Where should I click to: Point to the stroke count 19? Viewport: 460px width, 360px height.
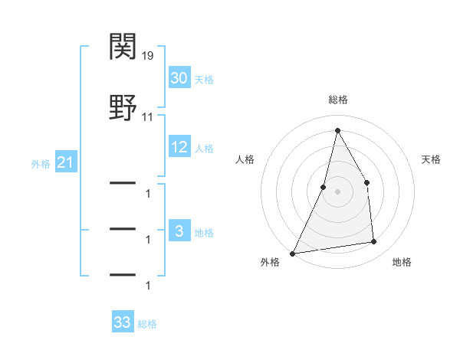149,56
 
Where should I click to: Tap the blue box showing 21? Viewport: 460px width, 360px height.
65,162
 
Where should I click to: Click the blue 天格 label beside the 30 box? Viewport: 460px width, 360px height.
204,80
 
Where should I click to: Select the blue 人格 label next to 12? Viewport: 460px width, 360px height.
204,149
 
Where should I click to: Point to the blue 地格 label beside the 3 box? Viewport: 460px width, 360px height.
204,232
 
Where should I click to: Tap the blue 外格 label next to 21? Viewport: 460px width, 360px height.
41,163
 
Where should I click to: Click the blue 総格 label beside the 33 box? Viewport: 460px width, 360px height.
147,323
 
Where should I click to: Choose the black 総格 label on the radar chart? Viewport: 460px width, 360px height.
337,100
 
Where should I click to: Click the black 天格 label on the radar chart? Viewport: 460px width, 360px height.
432,159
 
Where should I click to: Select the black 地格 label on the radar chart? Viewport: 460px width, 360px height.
402,262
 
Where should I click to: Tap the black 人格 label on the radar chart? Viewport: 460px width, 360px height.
245,159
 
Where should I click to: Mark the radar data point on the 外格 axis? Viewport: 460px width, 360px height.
293,254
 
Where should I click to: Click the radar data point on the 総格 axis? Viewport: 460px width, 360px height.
337,130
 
